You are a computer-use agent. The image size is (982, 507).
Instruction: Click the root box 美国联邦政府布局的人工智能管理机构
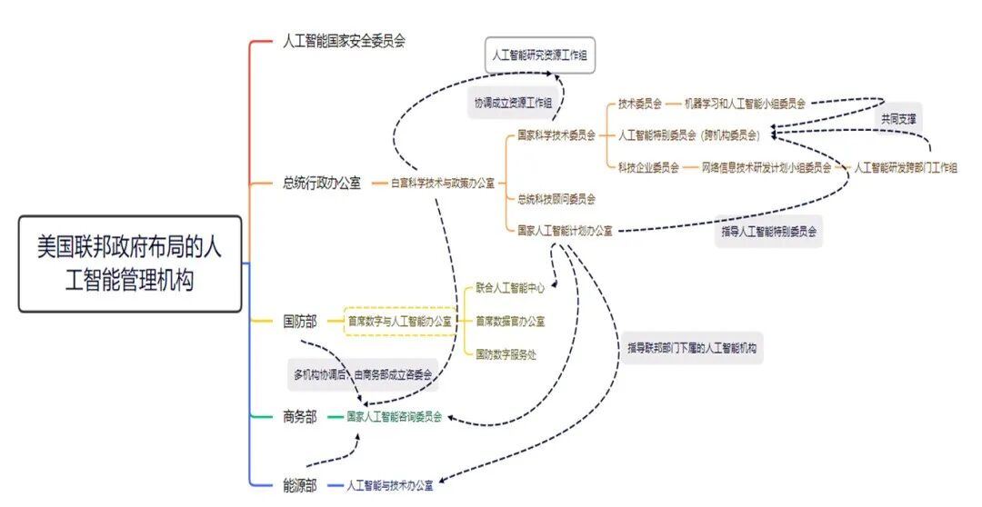(130, 263)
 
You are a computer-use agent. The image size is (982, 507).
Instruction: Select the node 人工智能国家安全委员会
(344, 41)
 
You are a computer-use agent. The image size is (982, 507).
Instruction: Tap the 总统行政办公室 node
(321, 183)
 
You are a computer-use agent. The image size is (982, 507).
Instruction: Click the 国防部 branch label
(300, 321)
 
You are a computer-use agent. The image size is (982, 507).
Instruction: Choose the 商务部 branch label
(300, 417)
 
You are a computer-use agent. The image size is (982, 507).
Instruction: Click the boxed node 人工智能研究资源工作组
(540, 55)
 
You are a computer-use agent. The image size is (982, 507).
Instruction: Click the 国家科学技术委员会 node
(556, 135)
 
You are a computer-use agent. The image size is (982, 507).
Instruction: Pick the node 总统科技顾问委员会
(556, 198)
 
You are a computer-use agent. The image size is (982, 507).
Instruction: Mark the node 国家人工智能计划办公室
(565, 231)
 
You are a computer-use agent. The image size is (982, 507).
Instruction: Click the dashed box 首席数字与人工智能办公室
(400, 321)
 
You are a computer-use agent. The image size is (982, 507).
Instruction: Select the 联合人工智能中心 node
(510, 288)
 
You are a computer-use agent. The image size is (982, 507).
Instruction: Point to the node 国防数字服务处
(506, 353)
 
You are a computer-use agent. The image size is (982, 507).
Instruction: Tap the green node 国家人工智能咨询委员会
(395, 417)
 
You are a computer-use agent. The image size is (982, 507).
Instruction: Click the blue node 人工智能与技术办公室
(390, 486)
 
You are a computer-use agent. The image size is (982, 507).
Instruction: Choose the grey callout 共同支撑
(898, 119)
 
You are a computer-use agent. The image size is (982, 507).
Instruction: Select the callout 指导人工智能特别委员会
(769, 231)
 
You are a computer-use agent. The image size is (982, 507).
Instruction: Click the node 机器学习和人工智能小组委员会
(745, 103)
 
